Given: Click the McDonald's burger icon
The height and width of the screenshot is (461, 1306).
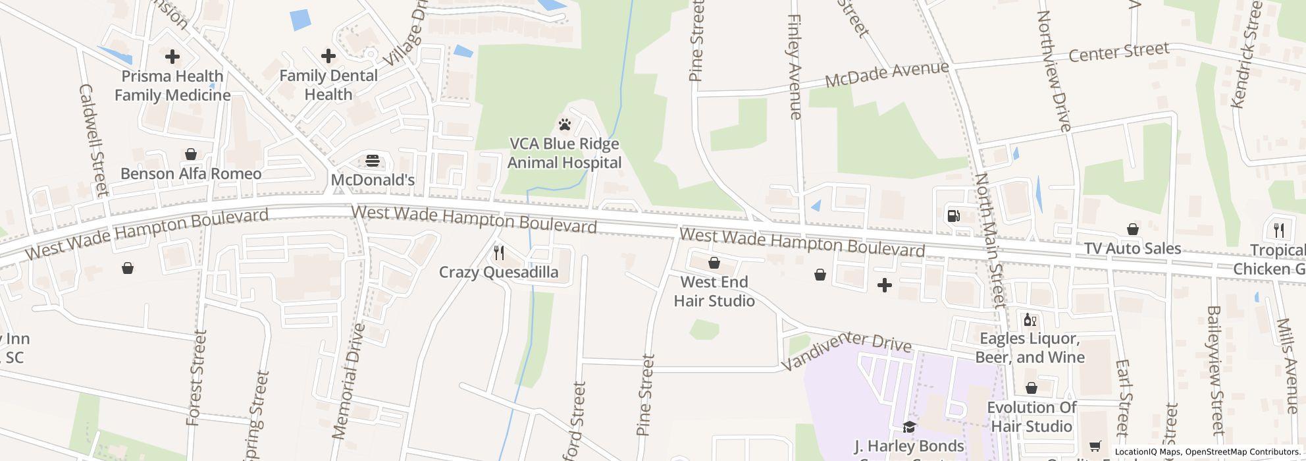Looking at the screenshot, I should click(x=373, y=161).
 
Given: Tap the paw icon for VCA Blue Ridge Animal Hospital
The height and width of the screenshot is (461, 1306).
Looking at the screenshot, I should click(x=564, y=124).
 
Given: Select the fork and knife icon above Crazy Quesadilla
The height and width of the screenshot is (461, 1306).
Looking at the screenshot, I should click(x=499, y=253).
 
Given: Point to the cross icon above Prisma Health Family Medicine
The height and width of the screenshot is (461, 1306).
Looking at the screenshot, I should click(x=172, y=57).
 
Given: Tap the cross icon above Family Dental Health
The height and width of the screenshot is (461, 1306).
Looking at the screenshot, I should click(x=328, y=56).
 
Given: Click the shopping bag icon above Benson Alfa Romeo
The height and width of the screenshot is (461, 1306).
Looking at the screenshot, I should click(x=191, y=154).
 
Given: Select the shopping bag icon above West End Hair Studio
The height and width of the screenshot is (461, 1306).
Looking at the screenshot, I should click(x=714, y=263).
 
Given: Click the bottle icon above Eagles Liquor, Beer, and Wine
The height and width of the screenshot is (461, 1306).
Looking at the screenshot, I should click(x=1030, y=320).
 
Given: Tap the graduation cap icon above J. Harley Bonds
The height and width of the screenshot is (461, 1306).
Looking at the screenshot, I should click(x=908, y=427).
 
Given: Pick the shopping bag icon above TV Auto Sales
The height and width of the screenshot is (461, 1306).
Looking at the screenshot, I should click(x=1133, y=229).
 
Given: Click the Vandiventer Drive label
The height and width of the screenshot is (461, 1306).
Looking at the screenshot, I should click(x=847, y=350).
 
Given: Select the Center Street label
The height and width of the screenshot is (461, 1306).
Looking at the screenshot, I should click(x=1118, y=52).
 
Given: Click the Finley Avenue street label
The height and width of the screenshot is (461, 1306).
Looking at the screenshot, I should click(x=795, y=67).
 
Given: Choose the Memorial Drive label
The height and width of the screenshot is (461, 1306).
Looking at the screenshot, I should click(x=348, y=381).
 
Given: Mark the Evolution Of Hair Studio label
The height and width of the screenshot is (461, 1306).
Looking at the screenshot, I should click(x=1032, y=417).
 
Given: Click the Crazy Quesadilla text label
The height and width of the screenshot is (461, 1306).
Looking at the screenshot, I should click(x=498, y=272).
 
